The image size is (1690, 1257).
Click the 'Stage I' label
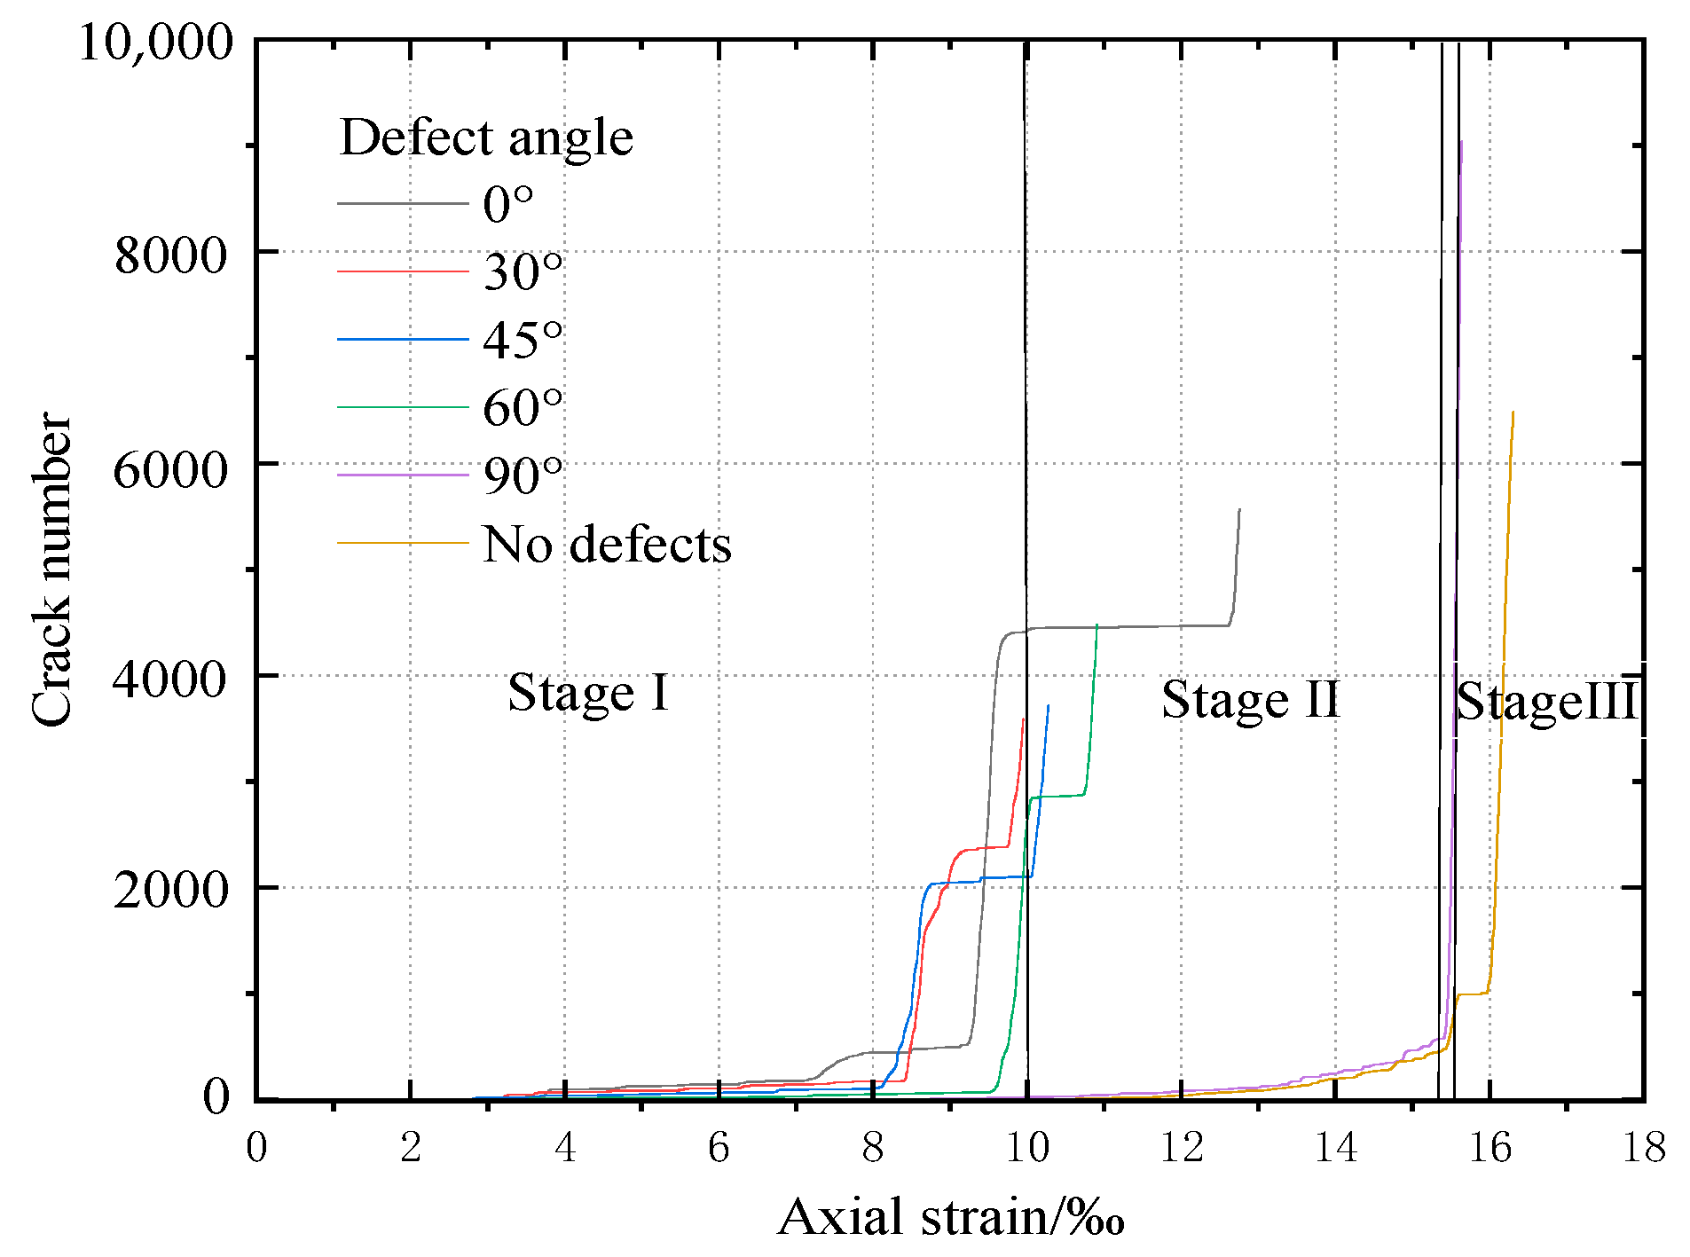coord(588,693)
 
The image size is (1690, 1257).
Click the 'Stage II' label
coord(1250,700)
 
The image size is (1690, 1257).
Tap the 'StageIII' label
coord(1545,702)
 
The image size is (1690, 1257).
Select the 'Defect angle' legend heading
coord(486,137)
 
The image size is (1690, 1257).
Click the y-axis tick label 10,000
coord(156,42)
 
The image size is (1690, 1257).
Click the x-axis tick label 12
coord(1182,1148)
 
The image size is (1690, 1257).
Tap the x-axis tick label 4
coord(565,1148)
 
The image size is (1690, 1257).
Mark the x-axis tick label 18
coord(1644,1148)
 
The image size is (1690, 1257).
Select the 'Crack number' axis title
coord(51,569)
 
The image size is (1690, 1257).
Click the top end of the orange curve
coord(1513,412)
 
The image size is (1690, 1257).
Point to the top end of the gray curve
coord(1239,510)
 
